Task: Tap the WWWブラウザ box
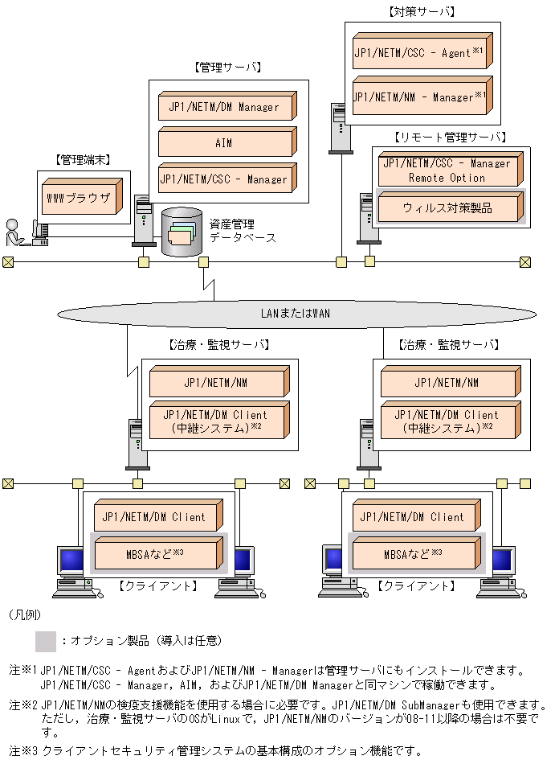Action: pos(80,196)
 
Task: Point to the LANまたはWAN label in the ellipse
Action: pos(296,313)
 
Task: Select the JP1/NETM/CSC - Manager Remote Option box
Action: pos(448,170)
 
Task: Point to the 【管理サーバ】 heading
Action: pos(227,68)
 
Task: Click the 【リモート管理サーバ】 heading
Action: pos(450,137)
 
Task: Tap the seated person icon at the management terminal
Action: pos(14,232)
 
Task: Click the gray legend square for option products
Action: pos(46,641)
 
